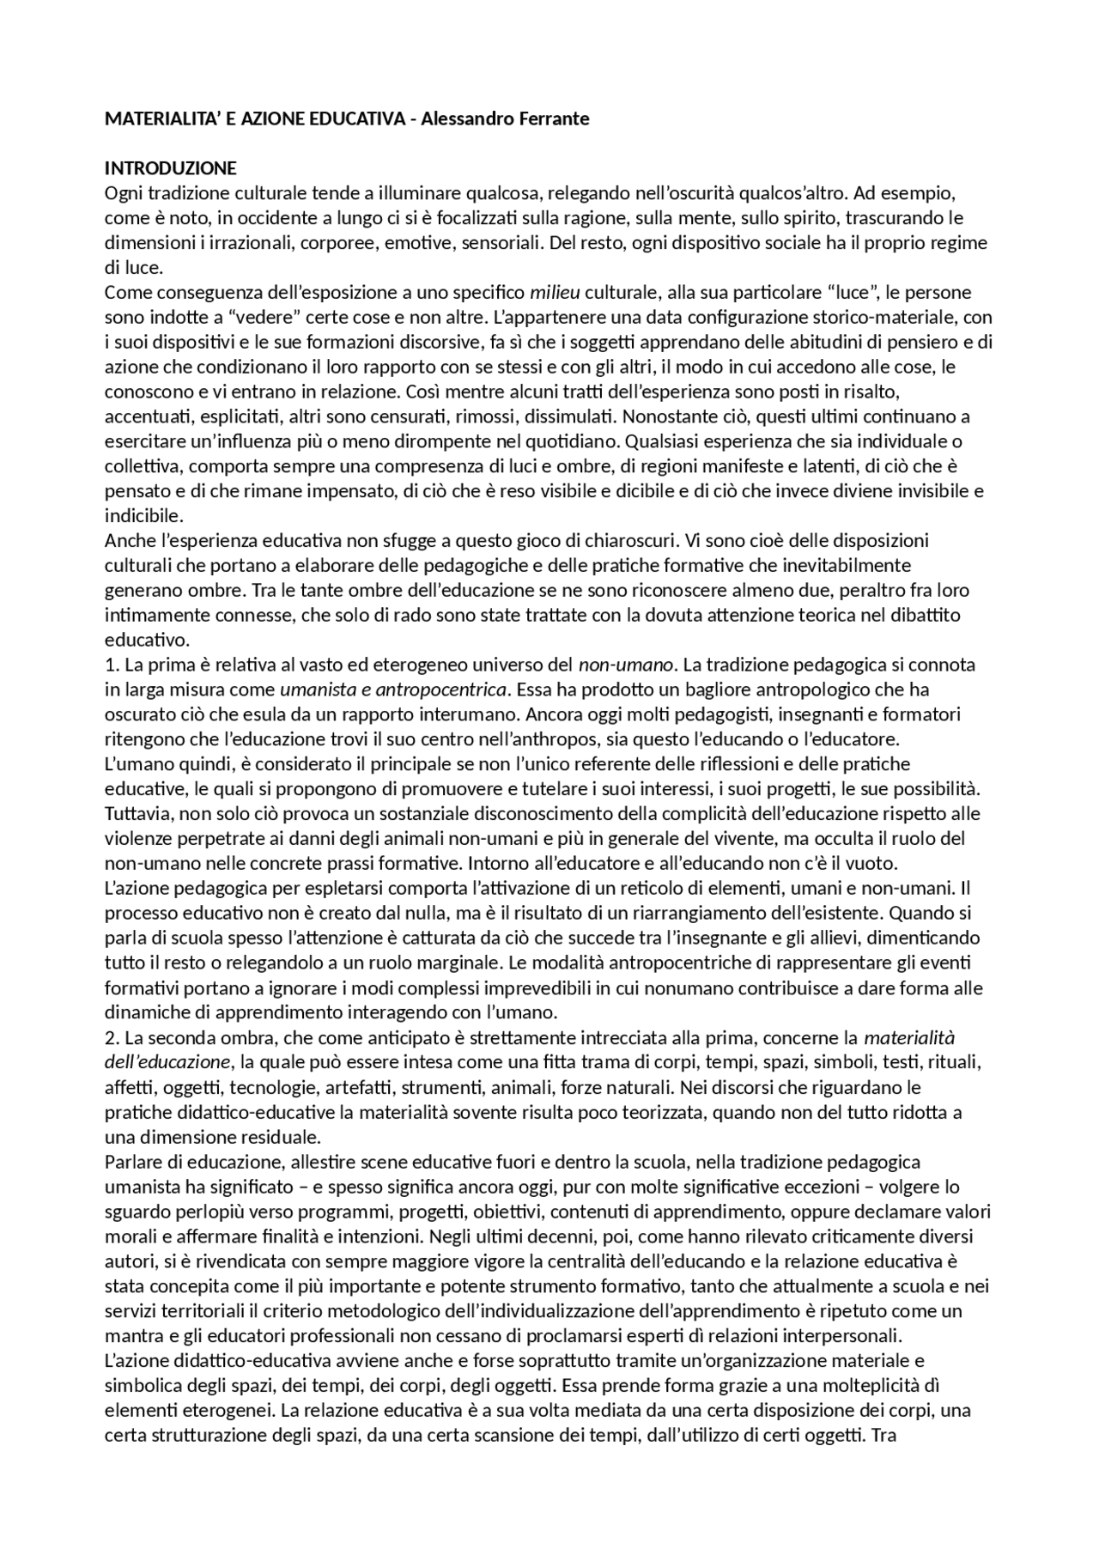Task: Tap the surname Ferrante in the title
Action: [556, 118]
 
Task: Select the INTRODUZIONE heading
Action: [170, 167]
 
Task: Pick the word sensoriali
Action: [502, 242]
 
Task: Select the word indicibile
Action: [143, 516]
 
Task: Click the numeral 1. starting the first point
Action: [112, 665]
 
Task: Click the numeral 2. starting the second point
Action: [112, 1037]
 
